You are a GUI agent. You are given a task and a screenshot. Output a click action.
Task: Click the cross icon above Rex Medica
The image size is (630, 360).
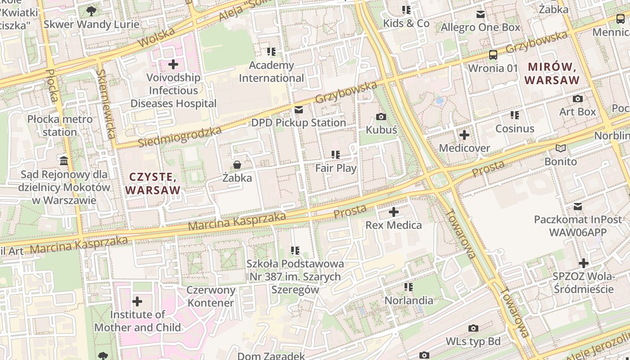394,211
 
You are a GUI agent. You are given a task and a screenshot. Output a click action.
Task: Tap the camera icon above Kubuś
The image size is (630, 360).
381,117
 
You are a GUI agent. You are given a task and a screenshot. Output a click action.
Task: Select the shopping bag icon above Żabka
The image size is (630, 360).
237,165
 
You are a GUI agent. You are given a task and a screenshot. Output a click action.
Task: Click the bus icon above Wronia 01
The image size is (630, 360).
493,55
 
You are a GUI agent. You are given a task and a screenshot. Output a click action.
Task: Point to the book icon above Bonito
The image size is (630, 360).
560,148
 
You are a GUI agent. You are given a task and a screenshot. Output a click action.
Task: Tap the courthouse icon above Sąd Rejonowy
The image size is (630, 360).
64,161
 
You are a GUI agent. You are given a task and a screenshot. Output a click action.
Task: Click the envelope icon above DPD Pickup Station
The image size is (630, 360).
298,110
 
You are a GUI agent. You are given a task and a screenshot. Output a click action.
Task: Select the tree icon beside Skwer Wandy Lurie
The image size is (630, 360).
91,11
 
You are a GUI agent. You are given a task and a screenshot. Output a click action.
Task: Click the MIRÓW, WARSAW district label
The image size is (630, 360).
552,74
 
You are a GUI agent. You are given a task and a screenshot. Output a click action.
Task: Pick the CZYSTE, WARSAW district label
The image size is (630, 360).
153,184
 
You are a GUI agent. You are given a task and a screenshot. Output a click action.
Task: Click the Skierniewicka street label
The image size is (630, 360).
107,104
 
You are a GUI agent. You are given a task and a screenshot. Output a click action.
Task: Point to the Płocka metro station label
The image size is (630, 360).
60,126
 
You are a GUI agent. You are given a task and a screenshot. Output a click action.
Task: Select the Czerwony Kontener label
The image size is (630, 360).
211,297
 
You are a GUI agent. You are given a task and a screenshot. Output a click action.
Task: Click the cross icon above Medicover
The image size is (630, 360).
464,135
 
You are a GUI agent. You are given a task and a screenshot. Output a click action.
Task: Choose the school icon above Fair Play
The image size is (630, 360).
336,155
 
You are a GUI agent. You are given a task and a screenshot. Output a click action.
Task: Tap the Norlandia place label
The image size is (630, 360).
409,300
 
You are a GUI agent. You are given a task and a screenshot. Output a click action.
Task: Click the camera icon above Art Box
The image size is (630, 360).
578,99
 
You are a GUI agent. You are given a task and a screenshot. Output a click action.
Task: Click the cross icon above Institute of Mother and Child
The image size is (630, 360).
137,301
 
